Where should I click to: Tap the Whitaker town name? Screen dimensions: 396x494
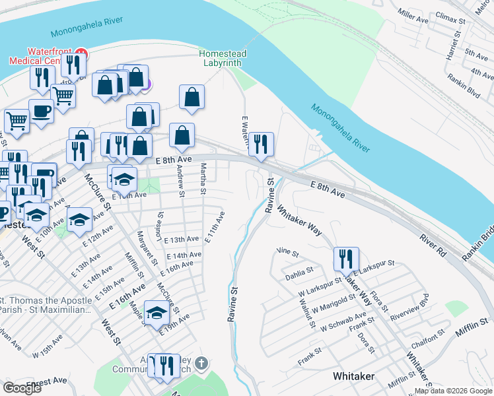click(353, 376)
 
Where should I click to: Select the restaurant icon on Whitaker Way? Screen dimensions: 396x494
click(346, 259)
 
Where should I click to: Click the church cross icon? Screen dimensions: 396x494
click(202, 364)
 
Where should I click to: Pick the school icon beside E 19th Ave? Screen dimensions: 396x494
click(157, 313)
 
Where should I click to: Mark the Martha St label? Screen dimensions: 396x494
click(203, 174)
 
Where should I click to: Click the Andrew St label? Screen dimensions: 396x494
click(179, 176)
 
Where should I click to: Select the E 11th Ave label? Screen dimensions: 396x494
click(215, 228)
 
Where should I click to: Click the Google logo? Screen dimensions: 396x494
click(22, 388)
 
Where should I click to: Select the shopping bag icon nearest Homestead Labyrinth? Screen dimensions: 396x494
click(191, 98)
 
